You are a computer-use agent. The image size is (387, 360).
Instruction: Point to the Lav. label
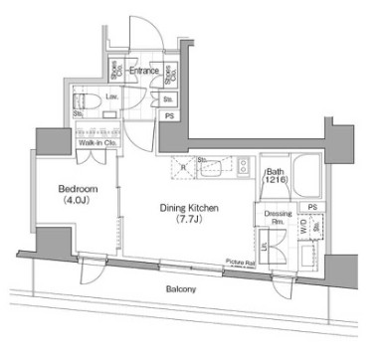pyautogui.click(x=112, y=97)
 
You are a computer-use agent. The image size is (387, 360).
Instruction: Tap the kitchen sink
pyautogui.click(x=211, y=168)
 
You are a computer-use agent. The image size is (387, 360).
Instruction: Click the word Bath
pyautogui.click(x=275, y=171)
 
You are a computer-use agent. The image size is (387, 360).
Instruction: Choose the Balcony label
pyautogui.click(x=180, y=289)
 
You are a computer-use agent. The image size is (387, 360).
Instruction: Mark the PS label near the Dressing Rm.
pyautogui.click(x=312, y=207)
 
